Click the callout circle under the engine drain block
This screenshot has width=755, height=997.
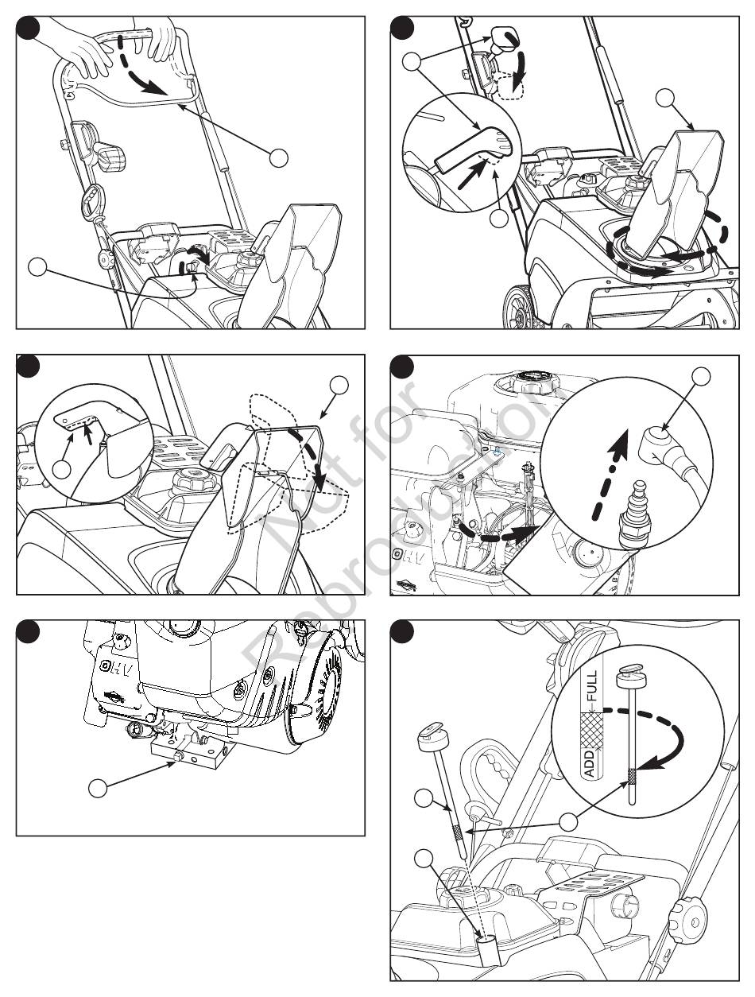pos(97,789)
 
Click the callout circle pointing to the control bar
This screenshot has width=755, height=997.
pos(278,157)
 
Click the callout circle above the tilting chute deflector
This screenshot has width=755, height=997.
pos(339,386)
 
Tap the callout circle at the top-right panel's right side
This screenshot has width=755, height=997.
pos(667,99)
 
